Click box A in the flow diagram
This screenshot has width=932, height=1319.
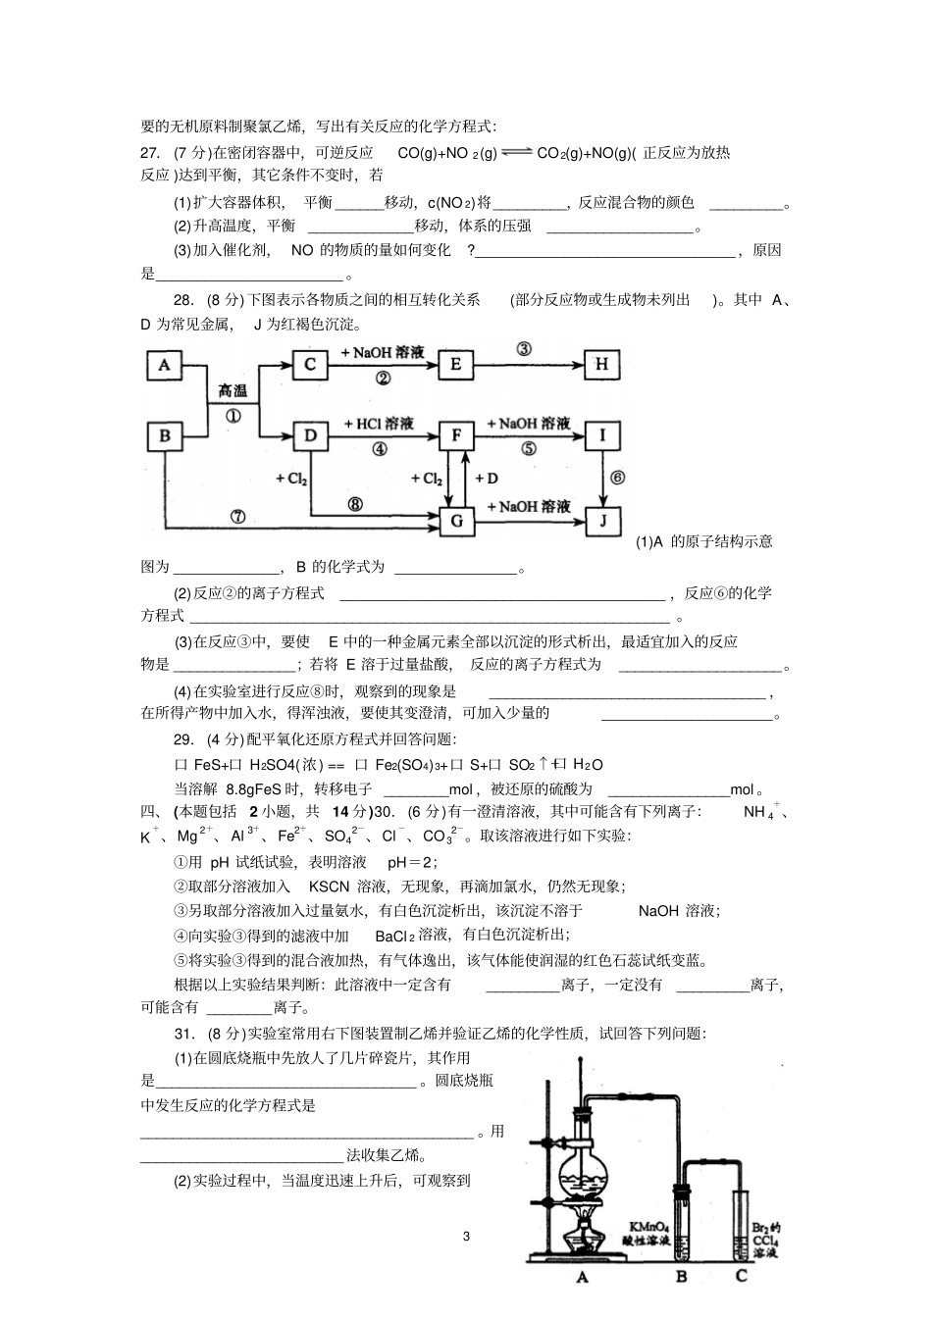165,366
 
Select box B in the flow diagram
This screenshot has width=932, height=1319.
165,436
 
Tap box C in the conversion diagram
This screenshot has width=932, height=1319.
310,366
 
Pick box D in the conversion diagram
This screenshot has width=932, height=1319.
310,435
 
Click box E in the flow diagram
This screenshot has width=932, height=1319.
455,366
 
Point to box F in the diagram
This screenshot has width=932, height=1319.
455,435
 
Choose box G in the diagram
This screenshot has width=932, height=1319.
455,521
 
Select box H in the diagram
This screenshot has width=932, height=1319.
601,366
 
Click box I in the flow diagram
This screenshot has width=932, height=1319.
601,435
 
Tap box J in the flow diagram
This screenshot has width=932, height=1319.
601,521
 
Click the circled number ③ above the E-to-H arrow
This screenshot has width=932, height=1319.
524,349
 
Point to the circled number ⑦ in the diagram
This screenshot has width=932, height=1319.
236,517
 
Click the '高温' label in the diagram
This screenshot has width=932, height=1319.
233,391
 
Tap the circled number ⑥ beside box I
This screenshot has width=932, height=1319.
617,478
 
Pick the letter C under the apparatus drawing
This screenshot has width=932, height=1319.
742,1276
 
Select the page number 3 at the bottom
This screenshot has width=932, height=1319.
466,1236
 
